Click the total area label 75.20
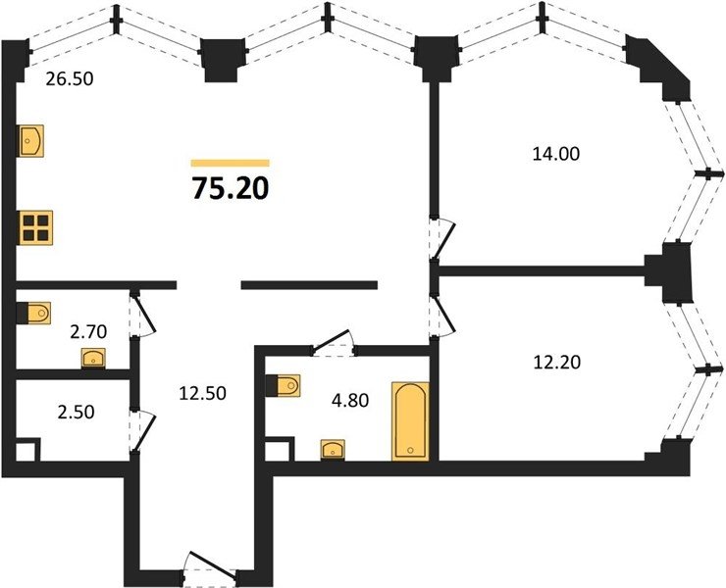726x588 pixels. [231, 189]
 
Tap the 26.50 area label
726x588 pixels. [70, 79]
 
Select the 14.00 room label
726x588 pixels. [555, 154]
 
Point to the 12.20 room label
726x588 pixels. [556, 363]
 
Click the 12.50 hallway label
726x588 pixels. [203, 393]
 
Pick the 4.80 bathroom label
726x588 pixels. [350, 401]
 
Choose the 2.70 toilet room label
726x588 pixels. [88, 331]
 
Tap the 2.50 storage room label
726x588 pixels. [76, 412]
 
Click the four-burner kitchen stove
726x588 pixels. [35, 227]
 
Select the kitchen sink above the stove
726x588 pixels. [31, 141]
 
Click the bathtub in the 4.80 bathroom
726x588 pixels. [410, 421]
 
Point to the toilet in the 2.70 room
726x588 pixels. [33, 314]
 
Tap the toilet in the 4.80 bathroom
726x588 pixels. [284, 385]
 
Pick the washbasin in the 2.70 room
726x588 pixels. [93, 358]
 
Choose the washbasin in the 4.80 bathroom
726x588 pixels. [333, 450]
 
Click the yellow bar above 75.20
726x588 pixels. [231, 163]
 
